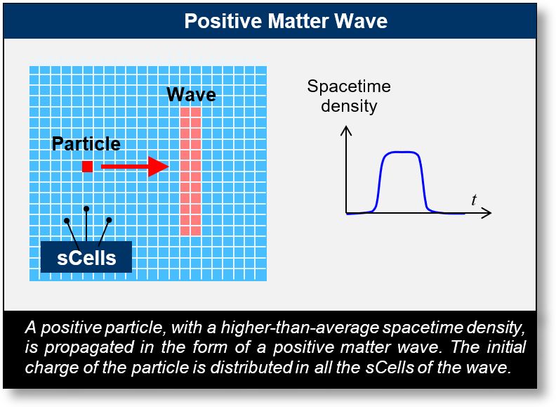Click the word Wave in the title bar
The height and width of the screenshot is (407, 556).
[x=362, y=21]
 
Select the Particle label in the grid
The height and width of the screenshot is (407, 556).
[x=86, y=144]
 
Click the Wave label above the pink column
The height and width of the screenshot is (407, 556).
[x=191, y=95]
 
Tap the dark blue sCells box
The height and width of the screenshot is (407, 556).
[x=86, y=257]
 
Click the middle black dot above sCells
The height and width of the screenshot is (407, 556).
[x=86, y=208]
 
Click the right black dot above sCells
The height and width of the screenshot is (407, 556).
[x=109, y=220]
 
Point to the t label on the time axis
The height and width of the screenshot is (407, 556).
[x=474, y=200]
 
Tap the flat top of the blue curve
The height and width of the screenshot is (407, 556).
[x=401, y=152]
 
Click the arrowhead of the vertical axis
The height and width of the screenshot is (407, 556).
[x=346, y=131]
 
